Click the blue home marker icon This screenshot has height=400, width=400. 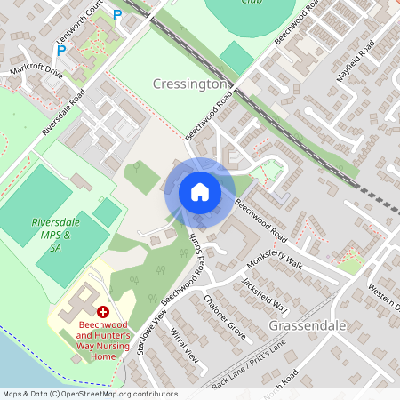pyautogui.click(x=200, y=191)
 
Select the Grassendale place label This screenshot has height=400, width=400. pyautogui.click(x=305, y=326)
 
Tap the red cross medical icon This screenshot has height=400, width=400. pyautogui.click(x=103, y=312)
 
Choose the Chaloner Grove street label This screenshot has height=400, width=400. pyautogui.click(x=224, y=316)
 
